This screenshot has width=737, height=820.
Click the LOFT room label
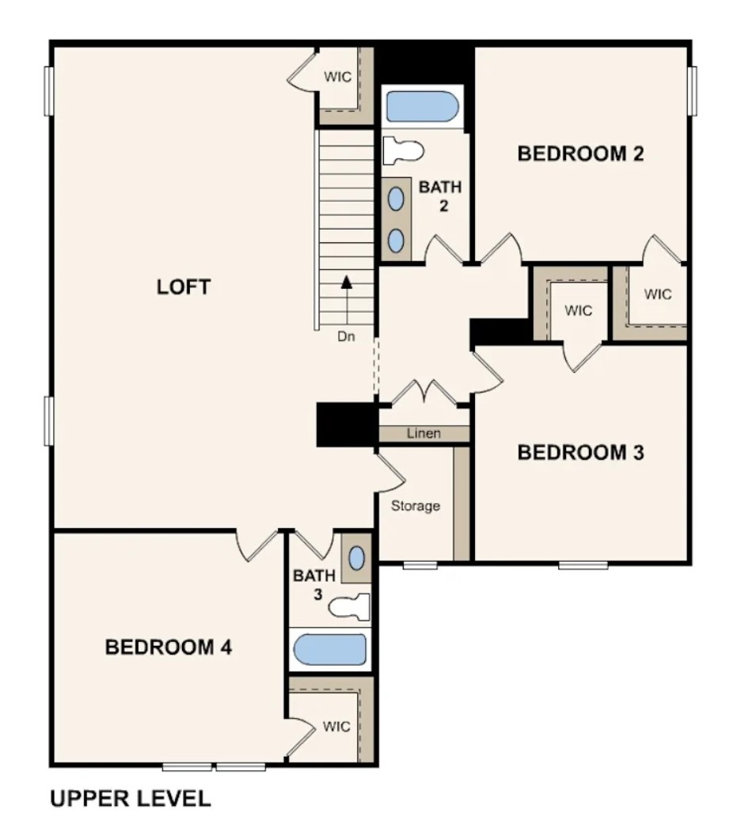click(184, 287)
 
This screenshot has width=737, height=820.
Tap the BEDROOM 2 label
click(580, 154)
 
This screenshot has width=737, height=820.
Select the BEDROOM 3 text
click(580, 453)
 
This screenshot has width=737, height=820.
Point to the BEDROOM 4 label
click(169, 647)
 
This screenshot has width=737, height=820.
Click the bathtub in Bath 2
click(422, 107)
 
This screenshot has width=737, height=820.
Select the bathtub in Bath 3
click(330, 650)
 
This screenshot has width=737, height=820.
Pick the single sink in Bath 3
click(357, 558)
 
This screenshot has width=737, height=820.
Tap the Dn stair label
click(346, 336)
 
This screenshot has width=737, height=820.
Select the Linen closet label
click(424, 434)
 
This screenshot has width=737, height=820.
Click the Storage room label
click(416, 506)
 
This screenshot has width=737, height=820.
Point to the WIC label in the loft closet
click(337, 78)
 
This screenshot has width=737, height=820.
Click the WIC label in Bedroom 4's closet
click(336, 727)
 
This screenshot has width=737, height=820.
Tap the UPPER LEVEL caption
click(131, 799)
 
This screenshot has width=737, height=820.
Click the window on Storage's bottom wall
click(420, 565)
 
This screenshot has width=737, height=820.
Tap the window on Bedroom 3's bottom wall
click(583, 565)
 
